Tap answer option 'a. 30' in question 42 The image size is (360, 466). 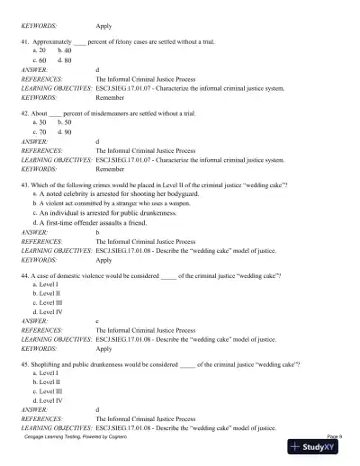[x=41, y=124]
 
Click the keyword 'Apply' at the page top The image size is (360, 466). [x=103, y=26]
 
